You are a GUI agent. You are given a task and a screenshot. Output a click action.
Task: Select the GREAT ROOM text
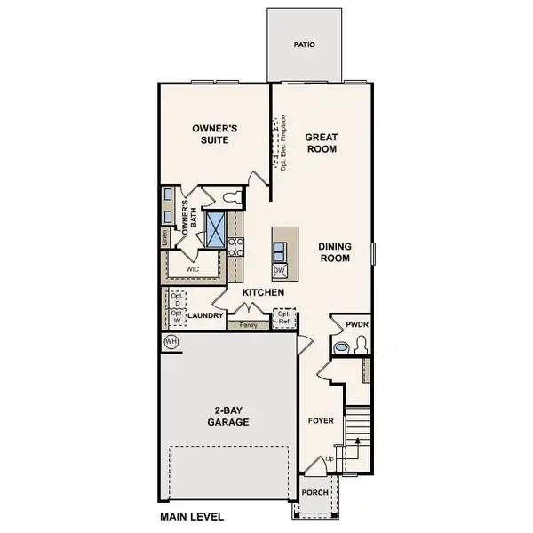pos(321,143)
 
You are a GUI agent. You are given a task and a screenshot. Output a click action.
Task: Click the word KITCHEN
pos(263,292)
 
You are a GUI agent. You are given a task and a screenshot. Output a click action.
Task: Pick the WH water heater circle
pos(171,342)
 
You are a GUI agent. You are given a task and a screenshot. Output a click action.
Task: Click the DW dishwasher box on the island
pos(279,270)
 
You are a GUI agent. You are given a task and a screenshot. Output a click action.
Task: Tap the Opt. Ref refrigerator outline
pos(284,318)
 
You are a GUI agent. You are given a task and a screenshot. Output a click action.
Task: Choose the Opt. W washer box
pos(177,317)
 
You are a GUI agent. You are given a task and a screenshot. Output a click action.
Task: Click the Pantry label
pos(248,325)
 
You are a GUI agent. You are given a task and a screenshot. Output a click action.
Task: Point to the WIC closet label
pos(192,267)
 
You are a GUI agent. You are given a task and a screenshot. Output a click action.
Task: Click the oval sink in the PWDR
pos(340,347)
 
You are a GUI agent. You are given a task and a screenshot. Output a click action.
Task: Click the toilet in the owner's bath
pos(233,196)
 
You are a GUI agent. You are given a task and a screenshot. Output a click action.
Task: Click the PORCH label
pos(315,492)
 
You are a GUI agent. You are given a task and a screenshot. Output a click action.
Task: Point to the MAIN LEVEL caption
pos(192,516)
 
